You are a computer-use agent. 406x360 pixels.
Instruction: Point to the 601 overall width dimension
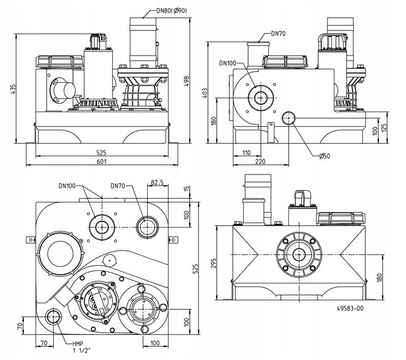(x=103, y=161)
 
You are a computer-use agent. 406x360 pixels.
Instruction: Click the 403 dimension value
(x=205, y=93)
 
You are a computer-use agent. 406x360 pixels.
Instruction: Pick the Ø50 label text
(x=324, y=156)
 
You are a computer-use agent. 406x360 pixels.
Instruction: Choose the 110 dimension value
(x=246, y=153)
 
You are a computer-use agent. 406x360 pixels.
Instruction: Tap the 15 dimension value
(x=186, y=189)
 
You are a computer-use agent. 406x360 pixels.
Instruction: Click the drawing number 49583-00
(x=350, y=308)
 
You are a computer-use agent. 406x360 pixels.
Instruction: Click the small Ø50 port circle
(x=289, y=118)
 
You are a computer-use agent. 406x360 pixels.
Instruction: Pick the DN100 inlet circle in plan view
(x=101, y=226)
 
